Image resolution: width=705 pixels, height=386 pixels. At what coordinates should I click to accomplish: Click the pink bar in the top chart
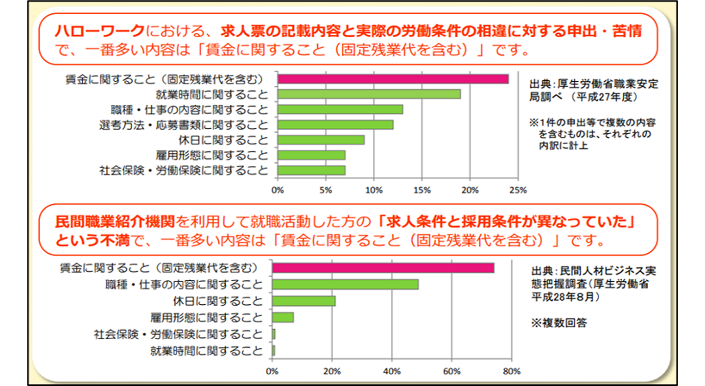click(x=393, y=79)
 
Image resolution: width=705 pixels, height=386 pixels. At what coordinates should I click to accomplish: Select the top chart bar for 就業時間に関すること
click(x=369, y=94)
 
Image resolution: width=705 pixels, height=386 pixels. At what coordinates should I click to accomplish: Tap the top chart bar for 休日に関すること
click(x=321, y=140)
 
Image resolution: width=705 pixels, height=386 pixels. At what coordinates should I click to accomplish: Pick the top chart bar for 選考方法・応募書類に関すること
click(x=335, y=124)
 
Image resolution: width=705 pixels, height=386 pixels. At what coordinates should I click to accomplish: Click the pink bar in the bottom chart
click(x=383, y=268)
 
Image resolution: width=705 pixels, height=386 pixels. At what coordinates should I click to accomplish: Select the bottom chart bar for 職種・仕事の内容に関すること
click(x=345, y=285)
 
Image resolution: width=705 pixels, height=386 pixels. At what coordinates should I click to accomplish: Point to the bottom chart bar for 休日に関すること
click(x=304, y=301)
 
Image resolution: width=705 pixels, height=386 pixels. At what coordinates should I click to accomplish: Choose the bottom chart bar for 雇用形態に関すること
click(x=283, y=317)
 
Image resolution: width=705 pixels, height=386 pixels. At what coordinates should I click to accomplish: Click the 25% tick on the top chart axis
click(x=517, y=190)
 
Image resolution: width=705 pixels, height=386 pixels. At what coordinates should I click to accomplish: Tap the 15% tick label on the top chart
click(x=422, y=190)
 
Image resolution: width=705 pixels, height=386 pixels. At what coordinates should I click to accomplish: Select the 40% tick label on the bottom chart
click(x=392, y=371)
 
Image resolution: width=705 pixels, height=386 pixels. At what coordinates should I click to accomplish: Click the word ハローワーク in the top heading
click(x=100, y=31)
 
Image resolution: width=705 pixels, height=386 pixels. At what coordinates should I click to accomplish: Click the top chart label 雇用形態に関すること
click(x=212, y=155)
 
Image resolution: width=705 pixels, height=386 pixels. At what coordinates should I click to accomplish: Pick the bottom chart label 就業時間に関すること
click(x=206, y=351)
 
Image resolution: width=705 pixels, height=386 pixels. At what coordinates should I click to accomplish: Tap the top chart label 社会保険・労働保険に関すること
click(x=184, y=170)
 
